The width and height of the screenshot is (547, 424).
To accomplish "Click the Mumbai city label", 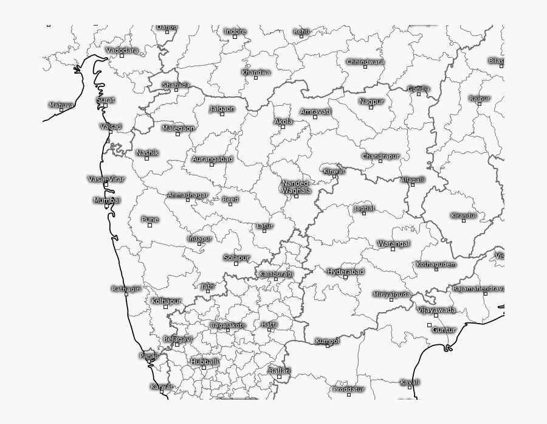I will (x=107, y=200).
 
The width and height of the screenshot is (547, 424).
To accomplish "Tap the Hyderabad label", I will (x=346, y=271).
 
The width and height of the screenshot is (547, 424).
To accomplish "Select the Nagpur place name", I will (x=371, y=102).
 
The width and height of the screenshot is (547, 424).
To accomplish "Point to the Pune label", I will (x=150, y=220).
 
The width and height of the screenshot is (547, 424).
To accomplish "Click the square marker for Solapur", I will (x=236, y=264).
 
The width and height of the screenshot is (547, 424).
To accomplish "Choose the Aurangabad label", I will (x=212, y=159).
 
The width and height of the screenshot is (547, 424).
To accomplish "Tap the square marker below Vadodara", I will (x=122, y=56).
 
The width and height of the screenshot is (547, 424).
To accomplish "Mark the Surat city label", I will (x=105, y=100).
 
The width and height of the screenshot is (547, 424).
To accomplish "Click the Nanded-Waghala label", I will (x=296, y=187).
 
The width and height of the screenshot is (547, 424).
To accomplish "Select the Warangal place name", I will (x=393, y=243).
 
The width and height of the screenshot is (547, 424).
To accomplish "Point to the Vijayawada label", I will (x=436, y=310).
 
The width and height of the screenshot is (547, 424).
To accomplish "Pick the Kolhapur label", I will (x=166, y=301).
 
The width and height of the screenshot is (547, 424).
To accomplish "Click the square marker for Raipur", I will (x=479, y=104).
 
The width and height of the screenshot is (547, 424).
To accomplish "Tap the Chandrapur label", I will (x=380, y=156).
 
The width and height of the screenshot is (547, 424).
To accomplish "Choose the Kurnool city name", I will (x=327, y=341).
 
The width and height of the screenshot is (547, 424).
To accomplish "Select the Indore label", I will (x=235, y=31).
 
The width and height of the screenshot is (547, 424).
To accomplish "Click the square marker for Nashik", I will (x=146, y=159).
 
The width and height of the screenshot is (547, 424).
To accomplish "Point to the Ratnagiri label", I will (x=126, y=288).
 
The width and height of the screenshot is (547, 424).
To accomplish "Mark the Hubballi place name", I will (x=204, y=361).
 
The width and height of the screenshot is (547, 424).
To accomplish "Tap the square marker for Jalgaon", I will (x=222, y=114).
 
